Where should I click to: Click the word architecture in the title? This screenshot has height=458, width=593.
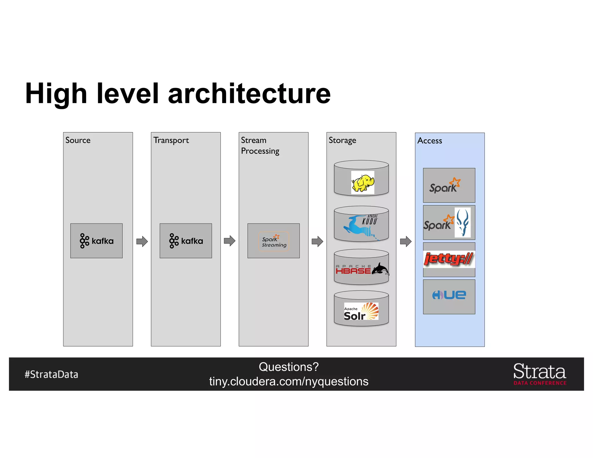pos(249,94)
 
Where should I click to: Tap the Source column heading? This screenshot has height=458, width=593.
pos(78,140)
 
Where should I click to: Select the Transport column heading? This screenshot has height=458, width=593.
pos(171,140)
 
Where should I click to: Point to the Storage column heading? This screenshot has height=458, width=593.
pos(342,140)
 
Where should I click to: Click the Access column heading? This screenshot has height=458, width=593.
pos(429,141)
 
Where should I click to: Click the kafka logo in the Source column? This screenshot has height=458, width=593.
pos(96,241)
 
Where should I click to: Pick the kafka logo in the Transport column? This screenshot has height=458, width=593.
pos(186,241)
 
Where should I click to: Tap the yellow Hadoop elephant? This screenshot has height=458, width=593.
pos(363,183)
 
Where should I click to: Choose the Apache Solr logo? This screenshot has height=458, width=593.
pos(361,311)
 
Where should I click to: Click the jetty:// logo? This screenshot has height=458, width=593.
pos(449,259)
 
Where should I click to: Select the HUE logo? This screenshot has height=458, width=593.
pos(449,295)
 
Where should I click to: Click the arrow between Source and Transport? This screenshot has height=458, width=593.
pos(142,241)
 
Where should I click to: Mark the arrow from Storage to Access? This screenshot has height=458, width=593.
pos(406,241)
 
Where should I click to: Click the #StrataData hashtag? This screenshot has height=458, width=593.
pos(51,374)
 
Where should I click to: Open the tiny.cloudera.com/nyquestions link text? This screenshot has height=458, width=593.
pos(289,382)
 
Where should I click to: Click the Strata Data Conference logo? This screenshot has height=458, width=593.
pos(540,374)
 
